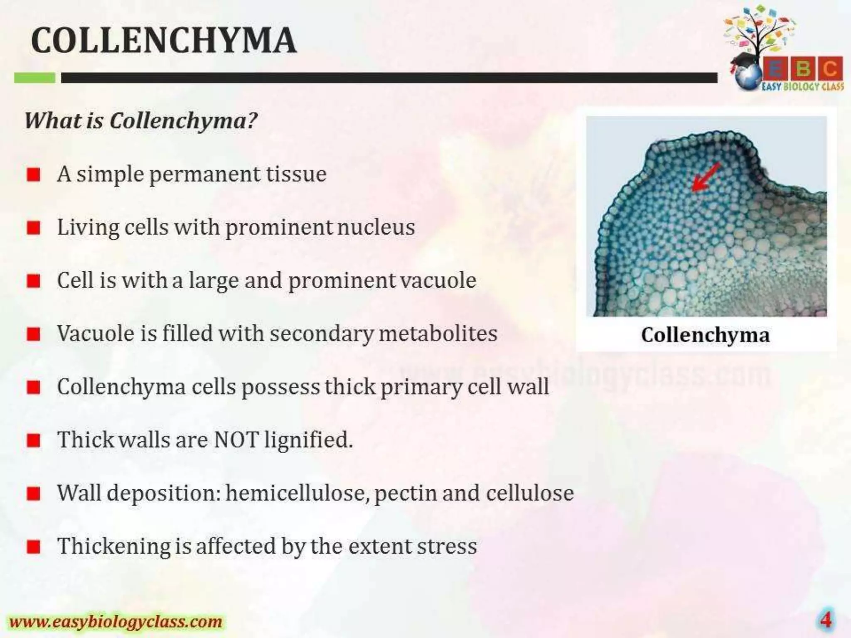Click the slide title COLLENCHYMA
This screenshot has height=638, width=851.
tap(164, 40)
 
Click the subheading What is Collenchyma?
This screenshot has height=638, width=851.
tap(141, 121)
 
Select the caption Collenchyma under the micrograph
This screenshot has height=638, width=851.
tap(705, 335)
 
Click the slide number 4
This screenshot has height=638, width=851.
tap(825, 620)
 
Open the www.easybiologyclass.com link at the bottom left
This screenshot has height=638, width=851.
tap(116, 622)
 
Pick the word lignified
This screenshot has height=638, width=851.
tap(308, 440)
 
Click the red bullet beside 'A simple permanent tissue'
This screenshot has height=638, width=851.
tap(34, 175)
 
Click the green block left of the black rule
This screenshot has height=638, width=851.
tap(34, 78)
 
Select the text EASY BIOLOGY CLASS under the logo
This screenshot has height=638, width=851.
tap(802, 86)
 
